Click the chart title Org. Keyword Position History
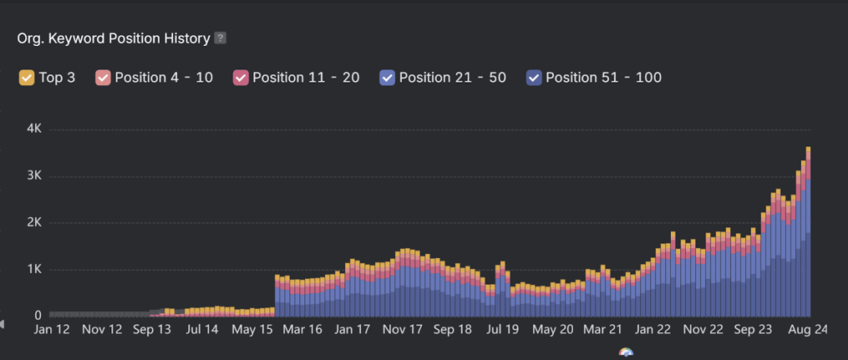114,38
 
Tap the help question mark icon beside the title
221,38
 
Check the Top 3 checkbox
27,78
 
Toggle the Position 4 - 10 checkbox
103,78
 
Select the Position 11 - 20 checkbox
241,78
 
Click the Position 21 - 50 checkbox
387,78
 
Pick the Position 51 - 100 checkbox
534,78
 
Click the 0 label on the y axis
38,316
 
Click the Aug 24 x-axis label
808,330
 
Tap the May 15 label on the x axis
252,330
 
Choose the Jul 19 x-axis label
503,330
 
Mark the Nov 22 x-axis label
703,330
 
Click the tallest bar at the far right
808,234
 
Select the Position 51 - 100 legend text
603,78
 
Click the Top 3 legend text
57,78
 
